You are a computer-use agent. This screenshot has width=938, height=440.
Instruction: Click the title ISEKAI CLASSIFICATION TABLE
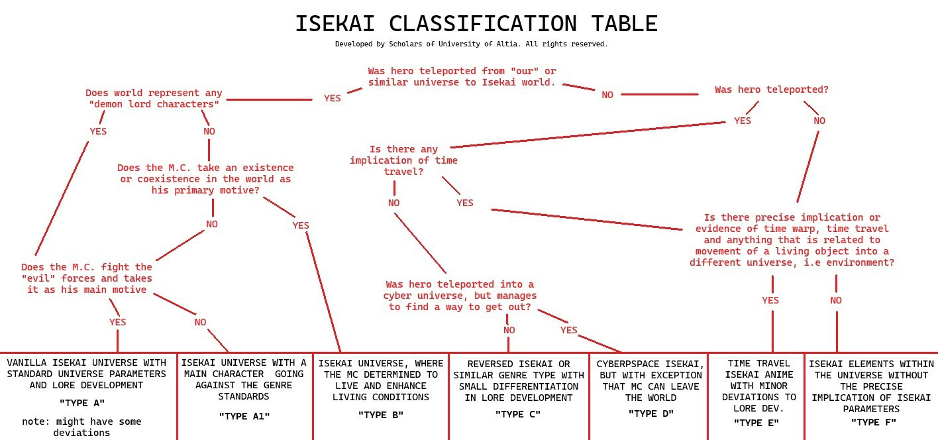click(x=476, y=24)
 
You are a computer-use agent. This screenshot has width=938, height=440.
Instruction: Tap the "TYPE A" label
click(x=82, y=403)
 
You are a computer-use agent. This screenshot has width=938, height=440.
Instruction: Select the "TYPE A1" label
click(x=244, y=416)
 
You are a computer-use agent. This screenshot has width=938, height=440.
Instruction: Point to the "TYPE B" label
click(x=381, y=415)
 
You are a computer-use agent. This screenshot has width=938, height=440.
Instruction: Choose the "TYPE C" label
click(x=518, y=414)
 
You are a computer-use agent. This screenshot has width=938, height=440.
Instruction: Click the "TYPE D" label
click(x=651, y=413)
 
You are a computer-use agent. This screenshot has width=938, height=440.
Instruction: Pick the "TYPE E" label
click(x=756, y=423)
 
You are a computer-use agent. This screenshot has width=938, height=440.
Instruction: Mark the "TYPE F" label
click(x=873, y=422)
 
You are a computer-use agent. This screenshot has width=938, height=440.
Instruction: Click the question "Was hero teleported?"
click(x=771, y=89)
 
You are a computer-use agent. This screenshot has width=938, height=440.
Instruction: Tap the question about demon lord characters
click(x=154, y=99)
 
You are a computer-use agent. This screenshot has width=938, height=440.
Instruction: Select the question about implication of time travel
click(x=403, y=160)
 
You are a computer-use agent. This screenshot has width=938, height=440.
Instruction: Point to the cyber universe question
click(x=460, y=296)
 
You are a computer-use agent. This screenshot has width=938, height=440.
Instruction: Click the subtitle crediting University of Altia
click(x=471, y=44)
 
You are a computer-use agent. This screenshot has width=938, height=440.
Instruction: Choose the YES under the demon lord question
click(x=98, y=131)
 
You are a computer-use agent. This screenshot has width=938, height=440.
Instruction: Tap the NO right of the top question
click(x=607, y=95)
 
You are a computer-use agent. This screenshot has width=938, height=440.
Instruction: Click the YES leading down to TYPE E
click(x=770, y=300)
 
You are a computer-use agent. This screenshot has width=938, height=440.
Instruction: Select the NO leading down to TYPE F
click(x=836, y=300)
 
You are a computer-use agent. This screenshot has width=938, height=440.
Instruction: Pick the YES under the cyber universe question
click(x=569, y=330)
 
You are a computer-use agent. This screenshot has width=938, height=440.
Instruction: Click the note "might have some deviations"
click(x=81, y=427)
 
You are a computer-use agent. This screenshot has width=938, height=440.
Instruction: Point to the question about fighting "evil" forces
click(x=87, y=278)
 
